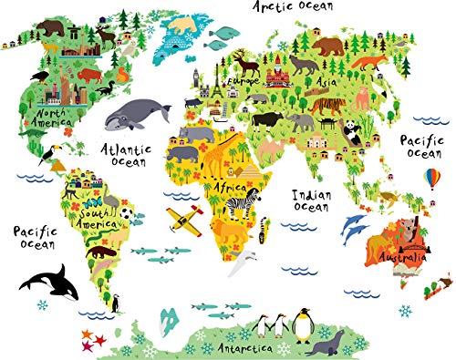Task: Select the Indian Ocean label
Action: coord(311,200)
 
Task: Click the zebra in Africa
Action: coord(244,202)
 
